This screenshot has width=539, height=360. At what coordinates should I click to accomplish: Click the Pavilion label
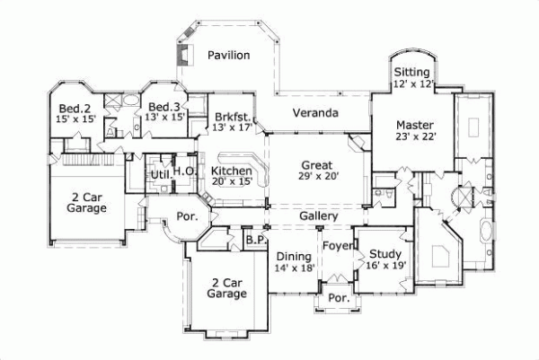[x=229, y=56]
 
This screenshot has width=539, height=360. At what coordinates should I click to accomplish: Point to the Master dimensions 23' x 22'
[x=414, y=137]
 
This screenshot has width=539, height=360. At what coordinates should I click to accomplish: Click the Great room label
[x=316, y=165]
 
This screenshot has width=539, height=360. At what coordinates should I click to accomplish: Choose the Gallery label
[x=318, y=217]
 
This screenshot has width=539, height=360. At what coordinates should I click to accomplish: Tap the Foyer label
[x=338, y=245]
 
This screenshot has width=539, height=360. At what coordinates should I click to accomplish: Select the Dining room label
[x=294, y=256]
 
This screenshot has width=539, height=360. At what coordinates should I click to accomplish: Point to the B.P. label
[x=254, y=241]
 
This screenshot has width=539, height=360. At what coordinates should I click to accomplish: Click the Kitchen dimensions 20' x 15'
[x=231, y=182]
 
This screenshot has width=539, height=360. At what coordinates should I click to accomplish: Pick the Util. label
[x=160, y=174]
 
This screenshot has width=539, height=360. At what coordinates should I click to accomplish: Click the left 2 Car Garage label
[x=87, y=201]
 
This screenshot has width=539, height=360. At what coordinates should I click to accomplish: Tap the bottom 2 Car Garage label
[x=226, y=286]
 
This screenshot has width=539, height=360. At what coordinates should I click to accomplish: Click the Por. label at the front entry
[x=339, y=298]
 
